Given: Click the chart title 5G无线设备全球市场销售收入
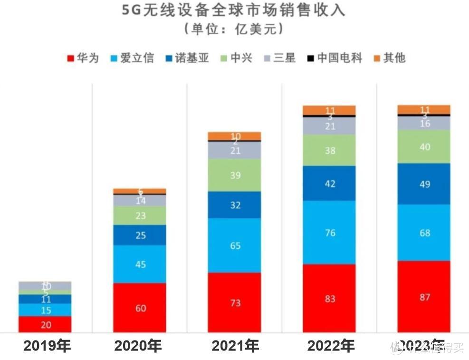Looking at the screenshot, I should (234, 10).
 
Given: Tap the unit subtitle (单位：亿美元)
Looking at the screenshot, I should (234, 29).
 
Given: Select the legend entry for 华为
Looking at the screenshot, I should (84, 58).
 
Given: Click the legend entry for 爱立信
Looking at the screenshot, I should (132, 58).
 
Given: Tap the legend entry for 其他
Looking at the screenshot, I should (389, 58).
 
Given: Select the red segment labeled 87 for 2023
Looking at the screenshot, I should (424, 297).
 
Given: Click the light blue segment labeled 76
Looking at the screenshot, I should (329, 233).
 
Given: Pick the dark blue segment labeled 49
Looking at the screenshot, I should (424, 184).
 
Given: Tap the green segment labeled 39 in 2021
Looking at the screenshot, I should (234, 175).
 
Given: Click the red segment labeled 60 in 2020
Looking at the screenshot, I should (140, 308).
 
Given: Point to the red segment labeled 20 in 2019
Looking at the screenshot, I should (45, 324).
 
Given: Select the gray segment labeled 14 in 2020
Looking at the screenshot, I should (140, 201).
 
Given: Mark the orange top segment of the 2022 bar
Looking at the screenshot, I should (329, 110).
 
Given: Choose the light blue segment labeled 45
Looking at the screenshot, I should (140, 264).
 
